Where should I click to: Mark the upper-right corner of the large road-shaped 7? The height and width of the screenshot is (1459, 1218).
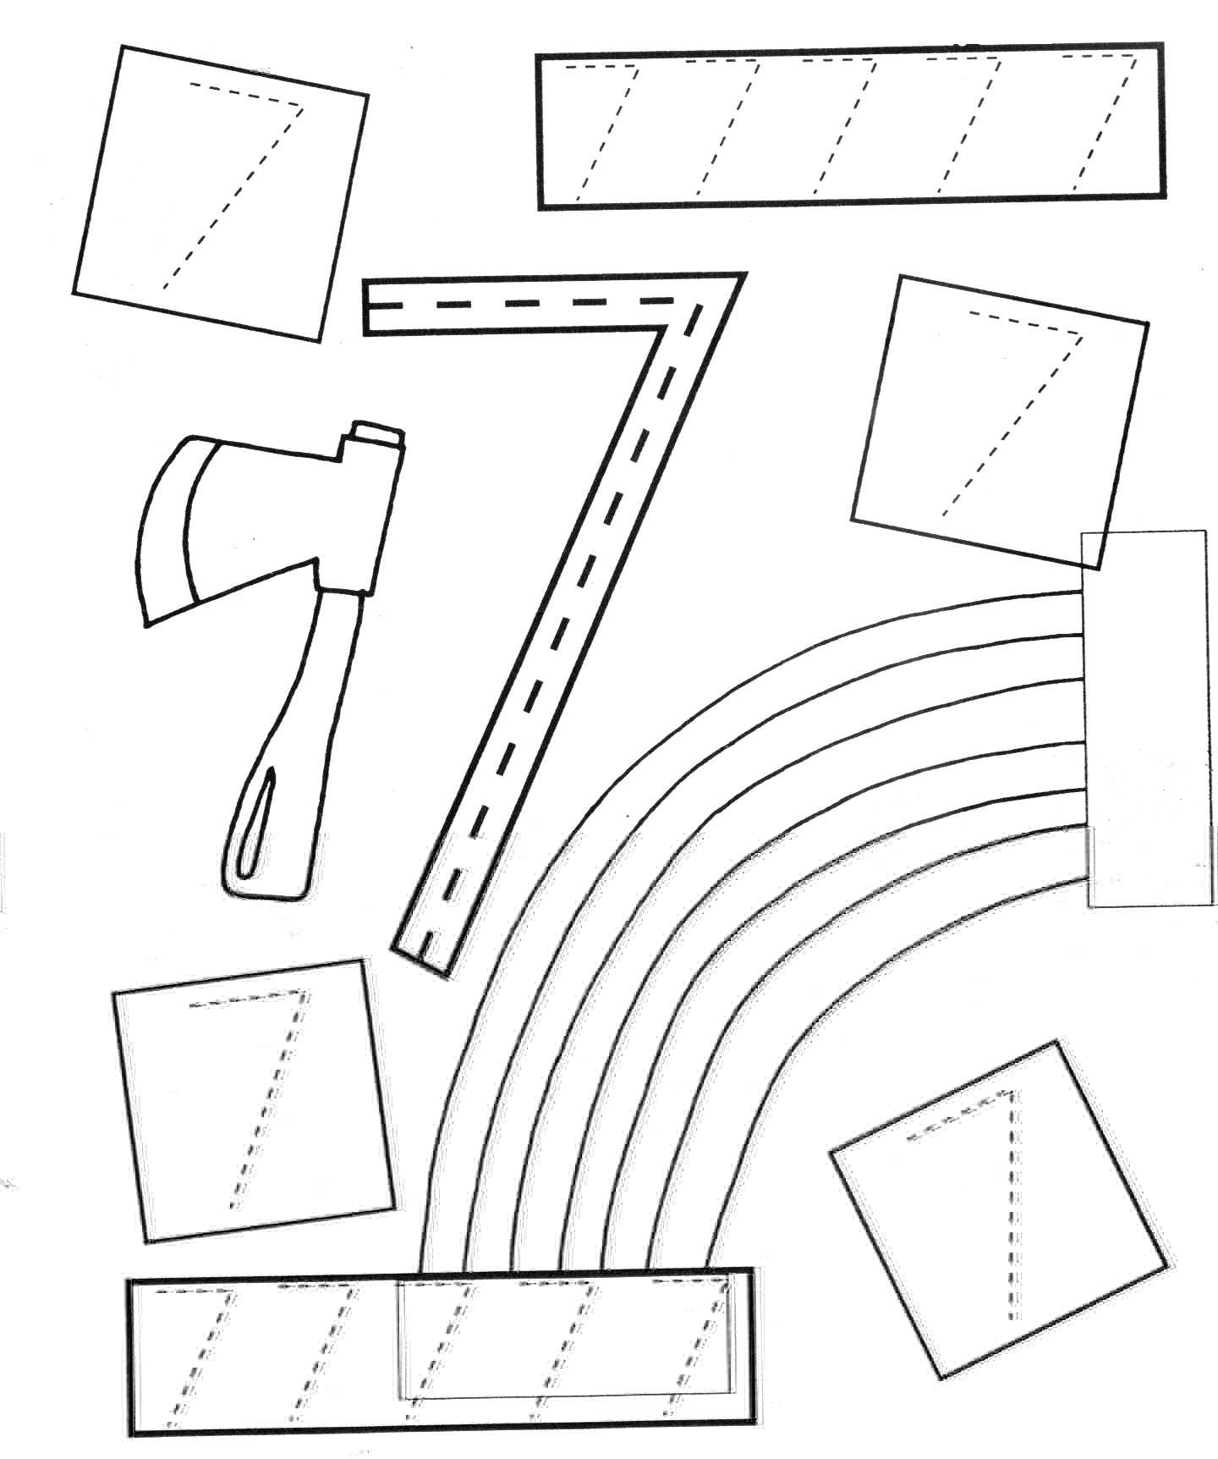click(x=743, y=274)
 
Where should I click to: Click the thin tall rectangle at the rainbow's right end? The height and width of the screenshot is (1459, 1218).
click(x=1145, y=719)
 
